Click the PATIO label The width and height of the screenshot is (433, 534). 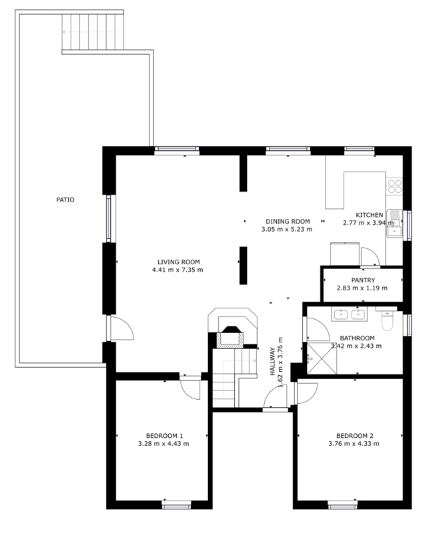65,200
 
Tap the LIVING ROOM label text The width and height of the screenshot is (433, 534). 178,262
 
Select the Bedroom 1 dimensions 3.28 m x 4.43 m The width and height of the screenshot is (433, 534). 163,444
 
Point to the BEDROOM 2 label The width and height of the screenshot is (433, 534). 355,436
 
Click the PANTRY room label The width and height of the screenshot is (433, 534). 363,280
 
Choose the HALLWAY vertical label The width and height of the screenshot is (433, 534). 272,361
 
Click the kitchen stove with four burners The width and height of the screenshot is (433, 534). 394,186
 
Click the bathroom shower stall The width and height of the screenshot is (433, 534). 322,358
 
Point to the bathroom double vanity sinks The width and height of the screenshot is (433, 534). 349,314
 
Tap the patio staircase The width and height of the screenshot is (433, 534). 93,32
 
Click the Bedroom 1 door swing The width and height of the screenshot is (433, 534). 190,389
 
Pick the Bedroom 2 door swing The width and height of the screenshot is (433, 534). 308,394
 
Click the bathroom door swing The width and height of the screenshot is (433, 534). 319,329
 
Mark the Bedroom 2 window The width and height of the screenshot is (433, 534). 343,504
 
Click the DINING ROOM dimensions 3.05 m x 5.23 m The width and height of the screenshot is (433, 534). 287,229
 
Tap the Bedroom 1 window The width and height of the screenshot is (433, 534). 176,504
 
